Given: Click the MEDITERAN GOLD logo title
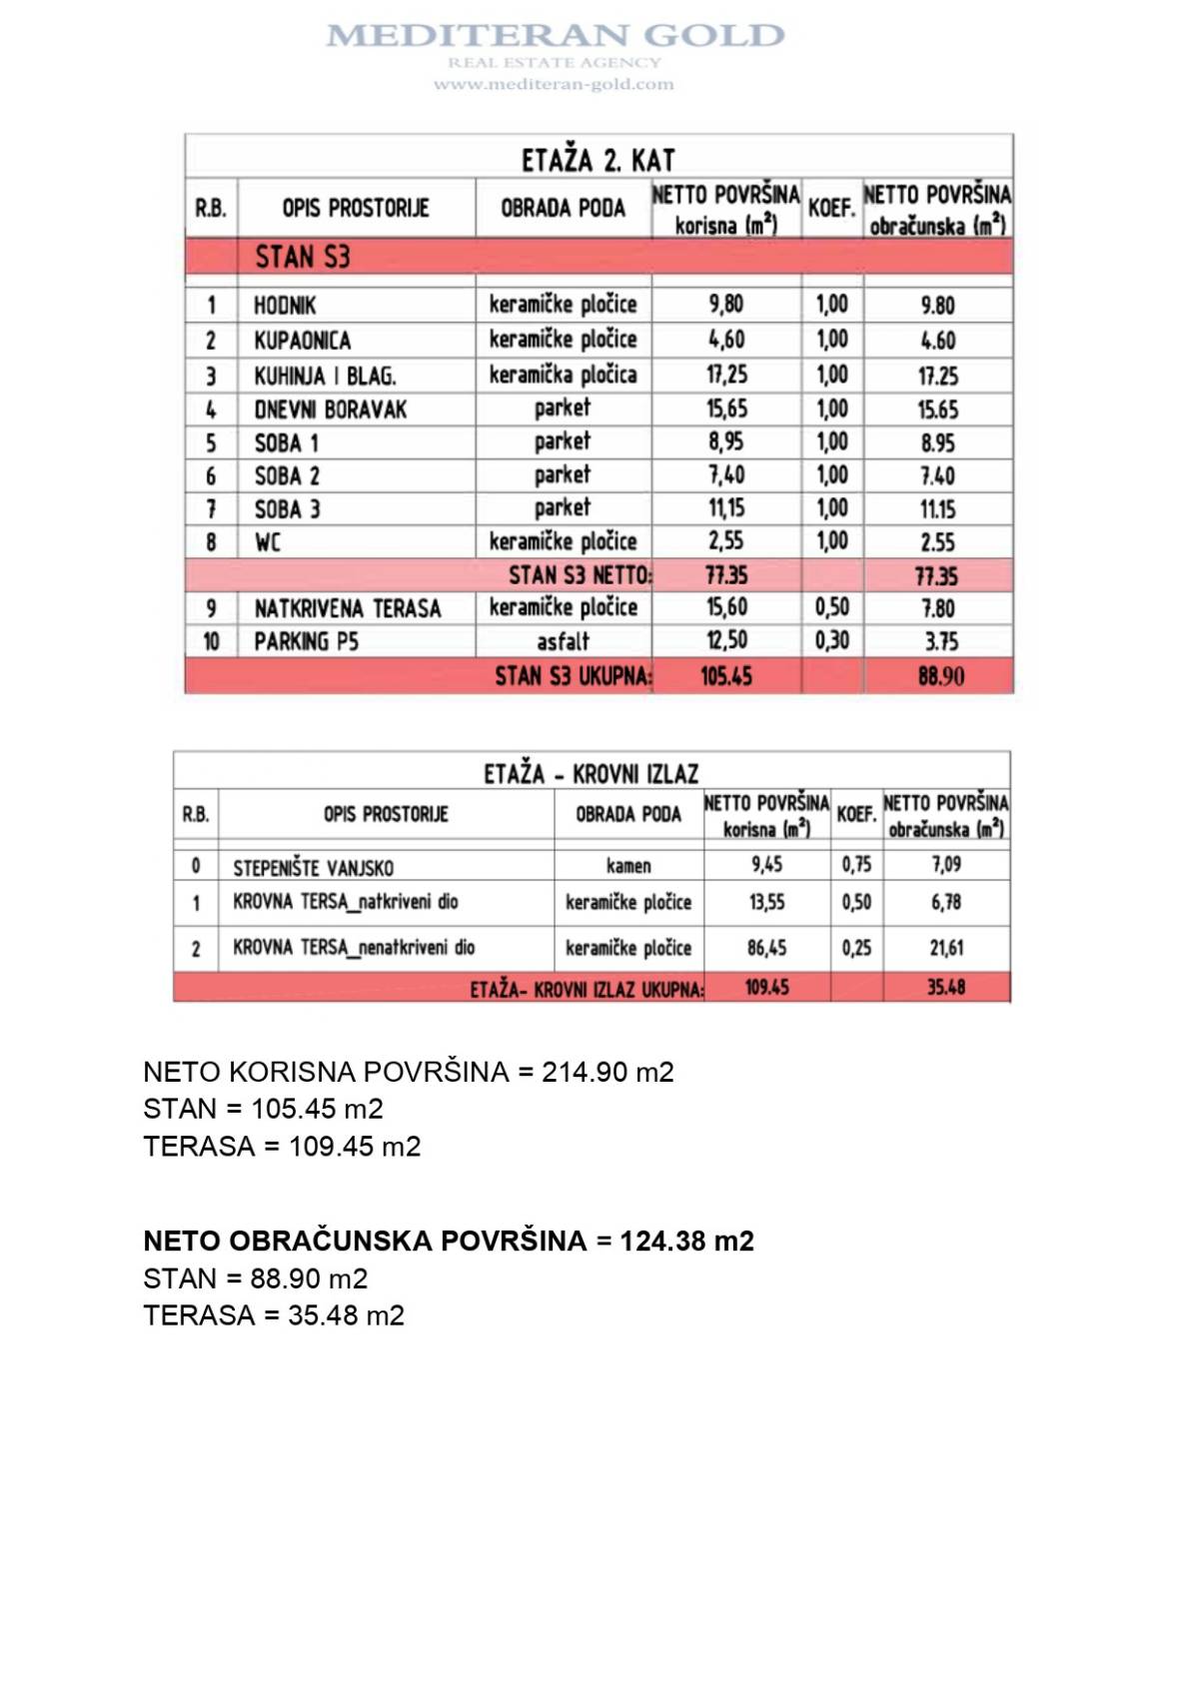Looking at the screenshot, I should (x=555, y=36).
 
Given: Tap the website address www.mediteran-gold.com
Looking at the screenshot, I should (x=554, y=85).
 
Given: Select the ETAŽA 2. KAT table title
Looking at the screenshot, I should (x=598, y=160).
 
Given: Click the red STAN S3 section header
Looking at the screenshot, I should (x=302, y=258).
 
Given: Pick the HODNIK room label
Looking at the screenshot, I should (x=285, y=306).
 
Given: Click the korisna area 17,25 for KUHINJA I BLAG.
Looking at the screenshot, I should (x=726, y=375).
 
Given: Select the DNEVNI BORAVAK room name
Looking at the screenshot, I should (x=330, y=410).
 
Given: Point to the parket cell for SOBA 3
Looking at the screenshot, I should (x=563, y=508).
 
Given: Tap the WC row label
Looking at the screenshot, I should (x=268, y=542).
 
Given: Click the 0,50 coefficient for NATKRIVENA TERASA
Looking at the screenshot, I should (x=831, y=607).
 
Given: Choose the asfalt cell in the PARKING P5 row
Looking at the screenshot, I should (x=563, y=641).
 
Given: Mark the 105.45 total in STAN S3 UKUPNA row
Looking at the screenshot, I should (x=726, y=676).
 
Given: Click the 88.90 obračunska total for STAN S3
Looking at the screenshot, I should (x=940, y=676).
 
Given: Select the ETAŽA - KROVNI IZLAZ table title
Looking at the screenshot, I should (x=591, y=774).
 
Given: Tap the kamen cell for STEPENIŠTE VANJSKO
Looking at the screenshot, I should (x=628, y=866).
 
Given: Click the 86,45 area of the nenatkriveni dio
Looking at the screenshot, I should (x=766, y=948).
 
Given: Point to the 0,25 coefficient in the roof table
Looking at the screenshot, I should (x=856, y=948).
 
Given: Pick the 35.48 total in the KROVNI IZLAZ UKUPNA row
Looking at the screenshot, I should (x=945, y=988).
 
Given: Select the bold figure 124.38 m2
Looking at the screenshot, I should (x=686, y=1242).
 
